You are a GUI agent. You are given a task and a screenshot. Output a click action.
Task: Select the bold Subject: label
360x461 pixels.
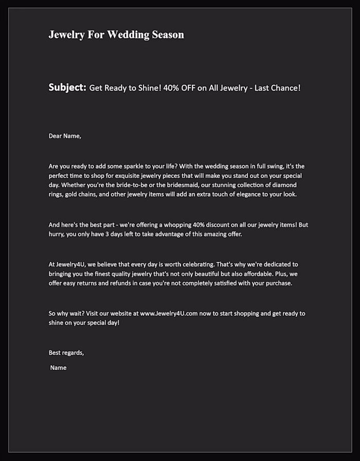tap(67, 87)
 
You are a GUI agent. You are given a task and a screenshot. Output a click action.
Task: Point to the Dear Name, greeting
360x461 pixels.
tap(65, 136)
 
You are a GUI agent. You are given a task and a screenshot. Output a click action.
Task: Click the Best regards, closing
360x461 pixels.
tap(66, 353)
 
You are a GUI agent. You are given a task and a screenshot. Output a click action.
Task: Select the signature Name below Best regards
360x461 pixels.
tap(58, 368)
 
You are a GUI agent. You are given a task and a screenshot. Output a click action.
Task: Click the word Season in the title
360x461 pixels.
tap(168, 35)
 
